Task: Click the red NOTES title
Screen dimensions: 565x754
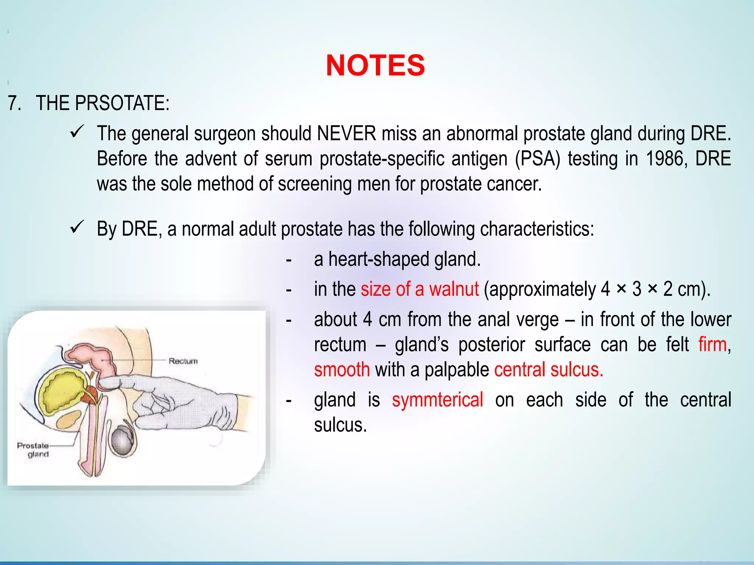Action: coord(375,65)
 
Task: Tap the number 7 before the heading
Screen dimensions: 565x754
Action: coord(14,103)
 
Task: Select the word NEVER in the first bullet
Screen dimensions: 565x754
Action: coord(346,133)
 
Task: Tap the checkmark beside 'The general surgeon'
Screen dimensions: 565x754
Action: coord(77,132)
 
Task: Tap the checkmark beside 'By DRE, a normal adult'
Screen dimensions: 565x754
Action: coord(77,227)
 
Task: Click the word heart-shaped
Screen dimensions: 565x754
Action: coord(378,259)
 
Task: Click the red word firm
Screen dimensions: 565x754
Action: coord(712,345)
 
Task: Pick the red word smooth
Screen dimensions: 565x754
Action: coord(342,370)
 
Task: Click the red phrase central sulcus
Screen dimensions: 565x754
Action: coord(549,370)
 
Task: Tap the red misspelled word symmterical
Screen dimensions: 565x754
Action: coord(437,400)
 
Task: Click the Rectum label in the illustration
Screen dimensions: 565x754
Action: coord(183,361)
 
